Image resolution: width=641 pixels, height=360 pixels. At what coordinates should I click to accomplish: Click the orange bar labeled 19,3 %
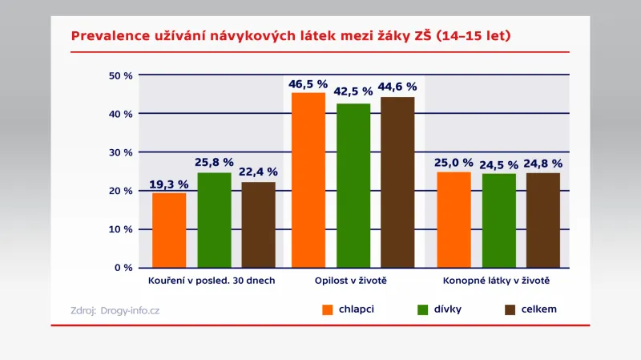click(169, 230)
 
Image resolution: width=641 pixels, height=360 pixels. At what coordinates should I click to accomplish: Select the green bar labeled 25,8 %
click(214, 220)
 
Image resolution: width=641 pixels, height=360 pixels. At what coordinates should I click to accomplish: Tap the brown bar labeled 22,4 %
click(258, 224)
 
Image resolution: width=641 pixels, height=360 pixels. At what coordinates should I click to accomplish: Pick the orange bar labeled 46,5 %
click(308, 180)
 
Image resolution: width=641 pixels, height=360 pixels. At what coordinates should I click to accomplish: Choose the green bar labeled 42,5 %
click(353, 185)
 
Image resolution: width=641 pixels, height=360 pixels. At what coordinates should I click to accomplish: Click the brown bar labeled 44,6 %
click(397, 182)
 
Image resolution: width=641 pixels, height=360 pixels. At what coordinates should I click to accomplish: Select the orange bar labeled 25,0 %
click(454, 220)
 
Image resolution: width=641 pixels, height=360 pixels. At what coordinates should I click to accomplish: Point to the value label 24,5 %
click(499, 164)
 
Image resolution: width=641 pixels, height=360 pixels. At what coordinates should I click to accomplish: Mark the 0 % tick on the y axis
click(123, 268)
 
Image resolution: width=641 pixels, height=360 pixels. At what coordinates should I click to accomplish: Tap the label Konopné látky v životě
click(496, 282)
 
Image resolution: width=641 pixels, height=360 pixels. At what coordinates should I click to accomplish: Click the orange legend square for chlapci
click(327, 309)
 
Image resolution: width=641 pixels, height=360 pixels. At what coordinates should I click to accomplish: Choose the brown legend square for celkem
click(509, 309)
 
